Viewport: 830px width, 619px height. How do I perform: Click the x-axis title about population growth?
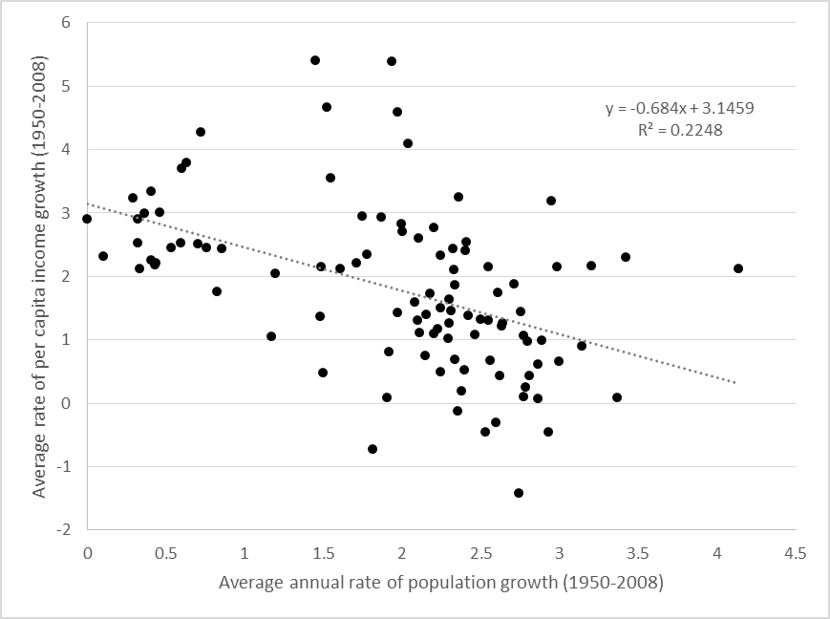coord(440,582)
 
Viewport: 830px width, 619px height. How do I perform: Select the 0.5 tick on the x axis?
coord(165,553)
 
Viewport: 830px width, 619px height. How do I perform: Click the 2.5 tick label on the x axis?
coord(480,553)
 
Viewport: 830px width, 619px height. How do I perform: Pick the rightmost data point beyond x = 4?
coord(738,268)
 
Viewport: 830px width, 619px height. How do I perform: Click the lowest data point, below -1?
coord(519,493)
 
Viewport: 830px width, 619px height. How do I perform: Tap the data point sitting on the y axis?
coord(87,219)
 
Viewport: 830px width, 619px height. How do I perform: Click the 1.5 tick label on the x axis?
coord(323,553)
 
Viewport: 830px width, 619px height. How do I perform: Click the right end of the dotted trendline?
coord(736,383)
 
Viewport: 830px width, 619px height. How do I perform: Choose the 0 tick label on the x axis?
coord(87,553)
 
